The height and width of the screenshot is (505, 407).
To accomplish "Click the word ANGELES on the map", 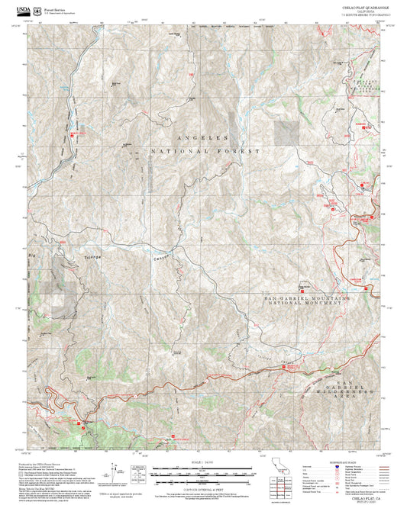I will (x=202, y=138).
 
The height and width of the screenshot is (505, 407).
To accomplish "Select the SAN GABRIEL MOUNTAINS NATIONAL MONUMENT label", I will (x=300, y=300).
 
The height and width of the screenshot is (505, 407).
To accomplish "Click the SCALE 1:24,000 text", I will (x=200, y=462).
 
